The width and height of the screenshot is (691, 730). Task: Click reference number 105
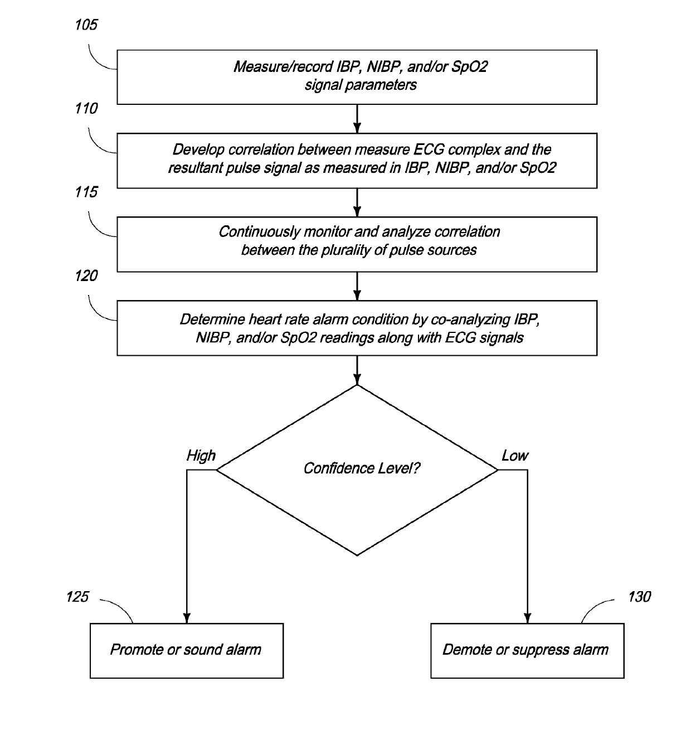86,25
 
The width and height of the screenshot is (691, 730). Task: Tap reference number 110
86,108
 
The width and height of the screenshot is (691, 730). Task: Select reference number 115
86,192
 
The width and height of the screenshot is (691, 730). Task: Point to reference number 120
86,275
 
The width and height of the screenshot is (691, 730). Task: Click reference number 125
77,597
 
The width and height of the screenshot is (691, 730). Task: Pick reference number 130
639,597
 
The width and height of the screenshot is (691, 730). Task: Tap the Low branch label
515,456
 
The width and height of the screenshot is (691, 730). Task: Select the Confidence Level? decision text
362,468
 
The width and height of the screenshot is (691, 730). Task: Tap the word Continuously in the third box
259,232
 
